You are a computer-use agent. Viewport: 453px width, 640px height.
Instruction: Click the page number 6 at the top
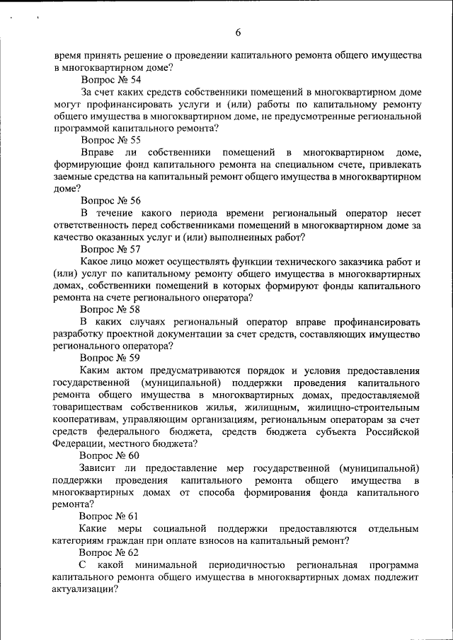pyautogui.click(x=238, y=32)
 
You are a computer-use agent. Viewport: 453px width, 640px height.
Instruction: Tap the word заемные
pyautogui.click(x=74, y=177)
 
